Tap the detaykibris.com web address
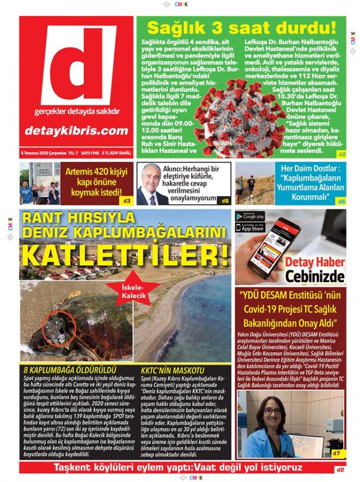[77, 131]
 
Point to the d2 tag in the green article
[342, 154]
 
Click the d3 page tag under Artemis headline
[127, 200]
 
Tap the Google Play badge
[250, 216]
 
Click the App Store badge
[250, 227]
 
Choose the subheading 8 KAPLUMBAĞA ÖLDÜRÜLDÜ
[70, 370]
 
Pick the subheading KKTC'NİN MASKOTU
[172, 370]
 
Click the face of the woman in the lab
[273, 411]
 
